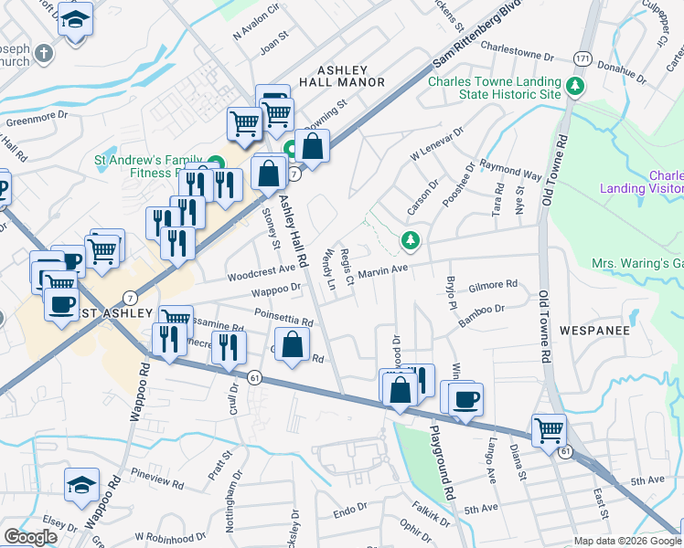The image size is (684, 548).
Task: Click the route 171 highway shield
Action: (x=582, y=58)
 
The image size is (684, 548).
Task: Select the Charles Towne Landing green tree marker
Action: (x=575, y=87)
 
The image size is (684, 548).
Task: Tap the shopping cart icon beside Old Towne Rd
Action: (x=549, y=429)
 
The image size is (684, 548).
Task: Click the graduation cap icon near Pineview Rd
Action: (x=81, y=485)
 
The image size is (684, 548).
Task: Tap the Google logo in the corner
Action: (x=30, y=537)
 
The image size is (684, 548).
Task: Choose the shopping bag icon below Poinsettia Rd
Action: (x=292, y=346)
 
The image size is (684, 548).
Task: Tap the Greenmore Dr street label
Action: (x=38, y=117)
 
